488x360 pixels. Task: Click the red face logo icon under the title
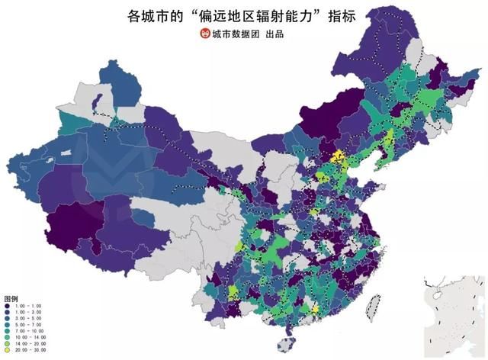click(x=204, y=34)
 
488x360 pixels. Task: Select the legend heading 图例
click(x=11, y=297)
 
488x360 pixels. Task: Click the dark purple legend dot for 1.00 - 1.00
click(x=8, y=306)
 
